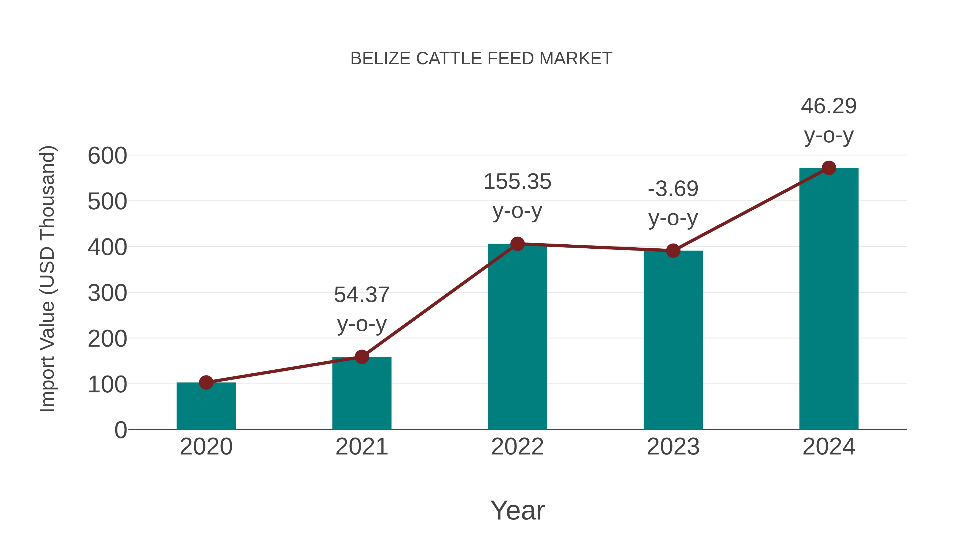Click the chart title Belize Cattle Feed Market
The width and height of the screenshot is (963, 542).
tap(481, 59)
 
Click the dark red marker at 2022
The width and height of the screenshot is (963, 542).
tap(517, 244)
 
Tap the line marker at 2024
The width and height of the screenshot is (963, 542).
tap(829, 168)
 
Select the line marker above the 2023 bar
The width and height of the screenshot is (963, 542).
tap(673, 251)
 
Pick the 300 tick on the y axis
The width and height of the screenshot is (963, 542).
tap(107, 293)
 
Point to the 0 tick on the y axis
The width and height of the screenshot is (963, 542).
tap(120, 430)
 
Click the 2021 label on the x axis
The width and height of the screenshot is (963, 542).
tap(361, 447)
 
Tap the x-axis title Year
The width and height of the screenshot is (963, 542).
tap(517, 510)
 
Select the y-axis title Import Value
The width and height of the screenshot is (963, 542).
tap(48, 279)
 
